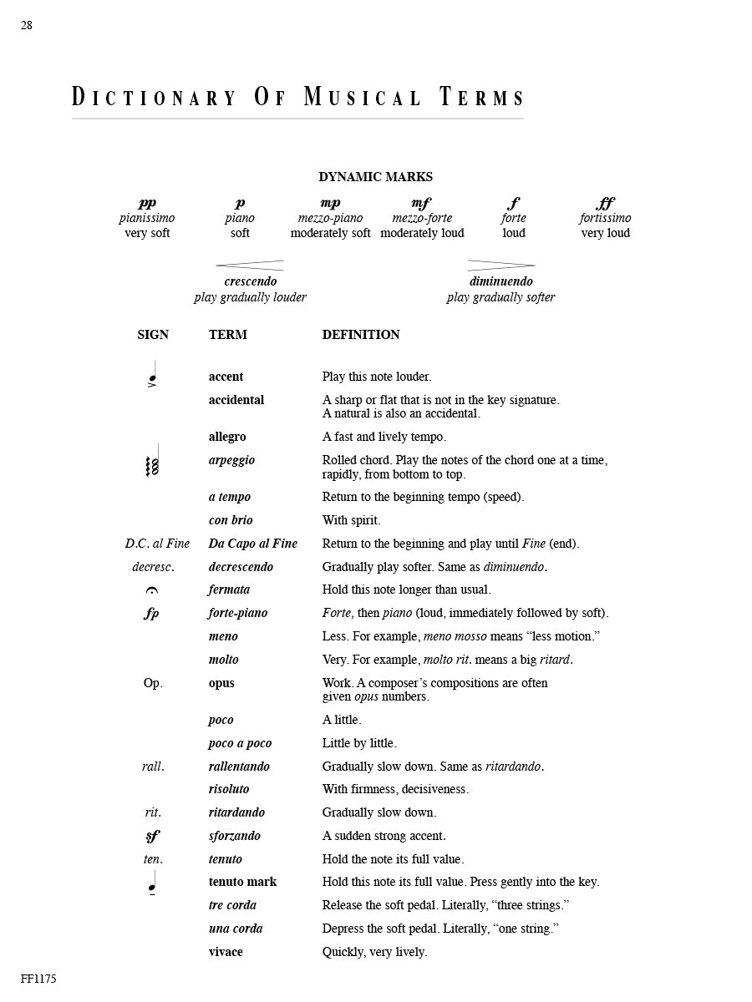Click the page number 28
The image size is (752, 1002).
click(27, 26)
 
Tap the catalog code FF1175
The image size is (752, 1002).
click(38, 979)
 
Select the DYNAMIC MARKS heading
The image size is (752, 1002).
click(375, 177)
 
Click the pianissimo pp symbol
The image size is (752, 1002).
click(147, 203)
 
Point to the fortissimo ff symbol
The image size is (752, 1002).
click(605, 203)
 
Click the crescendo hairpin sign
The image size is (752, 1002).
click(250, 265)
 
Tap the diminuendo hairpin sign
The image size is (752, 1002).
click(500, 265)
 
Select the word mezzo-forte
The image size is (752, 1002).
click(422, 218)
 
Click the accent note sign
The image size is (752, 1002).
click(152, 377)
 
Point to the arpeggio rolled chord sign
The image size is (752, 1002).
click(152, 463)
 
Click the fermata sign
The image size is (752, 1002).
click(152, 590)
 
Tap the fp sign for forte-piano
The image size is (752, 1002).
click(151, 614)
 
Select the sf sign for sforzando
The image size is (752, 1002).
click(151, 836)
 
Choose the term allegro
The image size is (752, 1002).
click(227, 437)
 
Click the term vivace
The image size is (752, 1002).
click(226, 952)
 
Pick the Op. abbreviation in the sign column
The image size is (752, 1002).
click(153, 683)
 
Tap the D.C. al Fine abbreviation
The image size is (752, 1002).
click(157, 544)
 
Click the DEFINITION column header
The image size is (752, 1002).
click(361, 335)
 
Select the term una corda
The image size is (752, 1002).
click(236, 929)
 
